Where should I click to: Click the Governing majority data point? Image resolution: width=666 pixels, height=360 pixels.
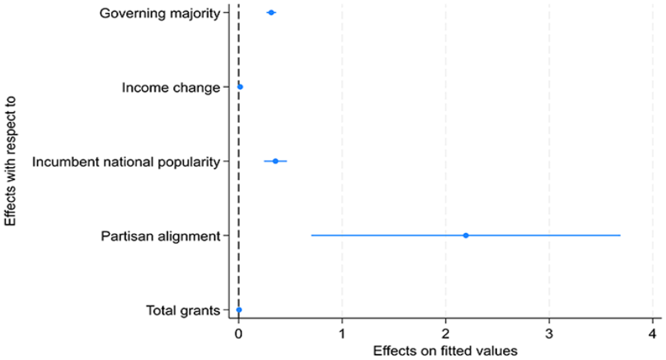pyautogui.click(x=271, y=13)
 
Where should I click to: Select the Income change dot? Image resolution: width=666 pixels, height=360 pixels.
pyautogui.click(x=240, y=87)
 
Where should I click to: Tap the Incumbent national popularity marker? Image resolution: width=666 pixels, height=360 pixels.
pyautogui.click(x=275, y=161)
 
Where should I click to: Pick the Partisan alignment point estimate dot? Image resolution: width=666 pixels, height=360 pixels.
pyautogui.click(x=466, y=235)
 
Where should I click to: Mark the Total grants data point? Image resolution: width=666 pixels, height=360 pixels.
pyautogui.click(x=239, y=310)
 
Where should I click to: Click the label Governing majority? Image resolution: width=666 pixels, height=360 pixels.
pyautogui.click(x=160, y=14)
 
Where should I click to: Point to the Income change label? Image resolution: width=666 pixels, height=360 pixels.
pyautogui.click(x=171, y=87)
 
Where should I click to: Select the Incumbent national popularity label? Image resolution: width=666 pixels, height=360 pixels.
pyautogui.click(x=126, y=162)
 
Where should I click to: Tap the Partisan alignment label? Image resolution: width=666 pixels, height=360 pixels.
pyautogui.click(x=161, y=236)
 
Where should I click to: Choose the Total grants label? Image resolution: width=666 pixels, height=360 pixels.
pyautogui.click(x=183, y=310)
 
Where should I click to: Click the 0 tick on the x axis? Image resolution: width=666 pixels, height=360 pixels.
pyautogui.click(x=239, y=334)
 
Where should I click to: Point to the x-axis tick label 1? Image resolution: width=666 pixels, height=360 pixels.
pyautogui.click(x=342, y=334)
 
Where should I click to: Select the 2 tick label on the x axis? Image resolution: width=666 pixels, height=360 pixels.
pyautogui.click(x=446, y=334)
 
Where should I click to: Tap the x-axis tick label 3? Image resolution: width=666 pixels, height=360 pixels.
pyautogui.click(x=549, y=334)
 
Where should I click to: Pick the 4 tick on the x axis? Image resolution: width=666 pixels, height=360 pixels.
pyautogui.click(x=653, y=334)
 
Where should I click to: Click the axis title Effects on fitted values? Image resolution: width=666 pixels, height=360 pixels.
pyautogui.click(x=445, y=351)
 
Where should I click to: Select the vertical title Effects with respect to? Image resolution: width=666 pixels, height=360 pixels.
pyautogui.click(x=10, y=161)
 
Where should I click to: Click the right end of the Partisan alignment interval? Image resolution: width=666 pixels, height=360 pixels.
pyautogui.click(x=620, y=235)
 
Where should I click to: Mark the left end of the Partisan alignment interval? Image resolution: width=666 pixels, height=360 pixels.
pyautogui.click(x=312, y=235)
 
